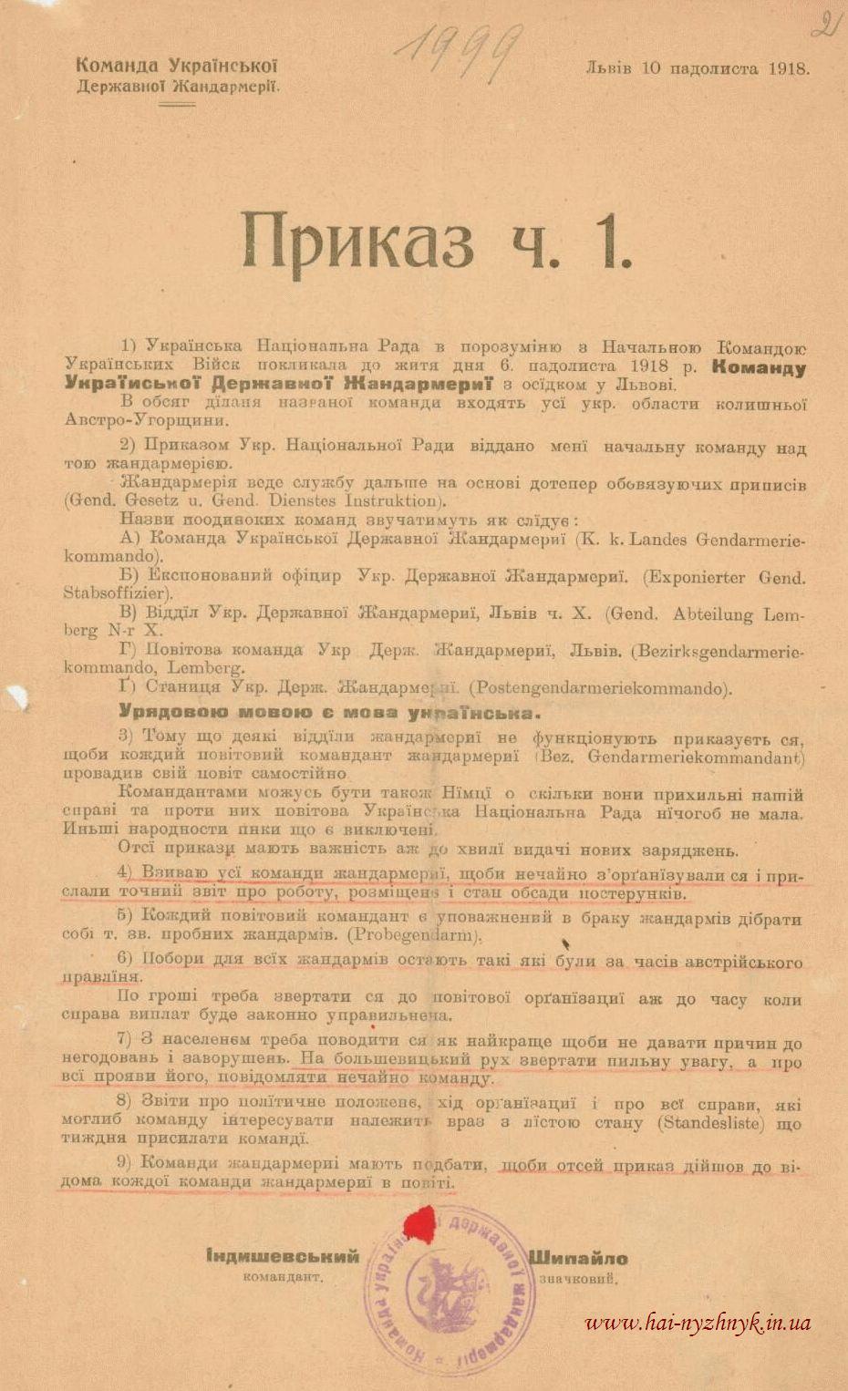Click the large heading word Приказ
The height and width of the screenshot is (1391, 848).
(357, 242)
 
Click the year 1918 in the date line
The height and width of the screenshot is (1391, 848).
(788, 68)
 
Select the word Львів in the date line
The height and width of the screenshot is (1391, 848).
(609, 68)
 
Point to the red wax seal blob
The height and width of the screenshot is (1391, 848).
(420, 1221)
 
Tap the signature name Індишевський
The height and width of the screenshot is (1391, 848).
(283, 1257)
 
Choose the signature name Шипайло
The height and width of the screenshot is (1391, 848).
(578, 1259)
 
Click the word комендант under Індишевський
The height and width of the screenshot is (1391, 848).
(284, 1277)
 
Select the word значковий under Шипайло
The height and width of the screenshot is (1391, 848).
(578, 1279)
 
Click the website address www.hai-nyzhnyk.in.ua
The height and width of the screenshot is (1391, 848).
(698, 1323)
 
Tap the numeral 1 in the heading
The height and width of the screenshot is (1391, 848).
(613, 242)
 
